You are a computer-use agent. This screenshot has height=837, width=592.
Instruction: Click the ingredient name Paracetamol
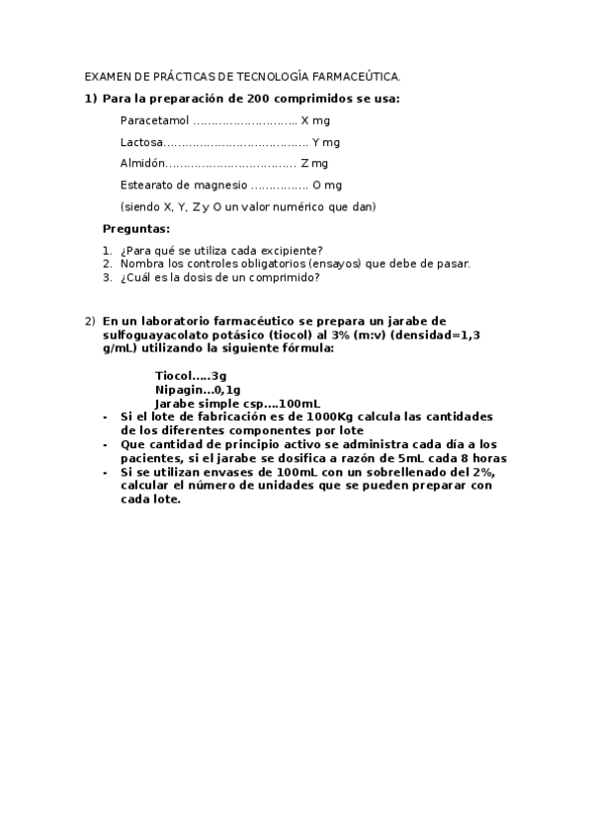[154, 120]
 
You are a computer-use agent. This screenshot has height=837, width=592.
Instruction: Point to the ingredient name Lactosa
[141, 142]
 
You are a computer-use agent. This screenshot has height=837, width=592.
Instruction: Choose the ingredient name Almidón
[141, 164]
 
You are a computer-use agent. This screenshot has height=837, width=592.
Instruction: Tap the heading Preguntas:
[136, 229]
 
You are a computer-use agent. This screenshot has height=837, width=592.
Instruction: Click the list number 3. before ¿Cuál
[108, 277]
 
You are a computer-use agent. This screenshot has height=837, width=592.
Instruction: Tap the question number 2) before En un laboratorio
[89, 321]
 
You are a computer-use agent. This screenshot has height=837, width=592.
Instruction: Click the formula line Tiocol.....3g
[191, 375]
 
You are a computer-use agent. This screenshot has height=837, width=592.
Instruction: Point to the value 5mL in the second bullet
[413, 459]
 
